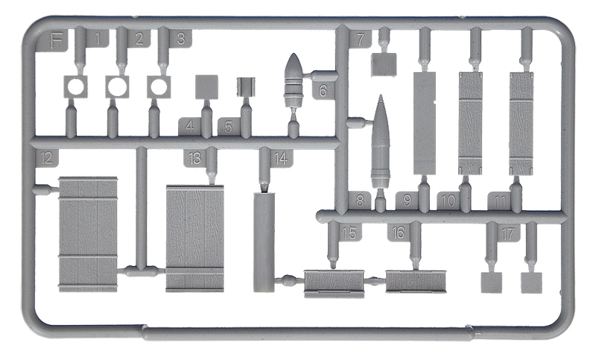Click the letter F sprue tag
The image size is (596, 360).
pos(57,41)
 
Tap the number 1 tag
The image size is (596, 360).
pos(98,40)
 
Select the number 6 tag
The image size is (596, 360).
pos(323,90)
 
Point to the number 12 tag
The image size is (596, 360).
pos(46,158)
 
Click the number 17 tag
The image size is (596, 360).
pos(508,233)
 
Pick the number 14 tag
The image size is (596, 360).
pos(281,159)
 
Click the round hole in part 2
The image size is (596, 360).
pos(117,86)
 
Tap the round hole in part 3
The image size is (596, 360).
pos(159,86)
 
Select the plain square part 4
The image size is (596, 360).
pos(206,87)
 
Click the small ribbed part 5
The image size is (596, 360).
pos(246,87)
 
